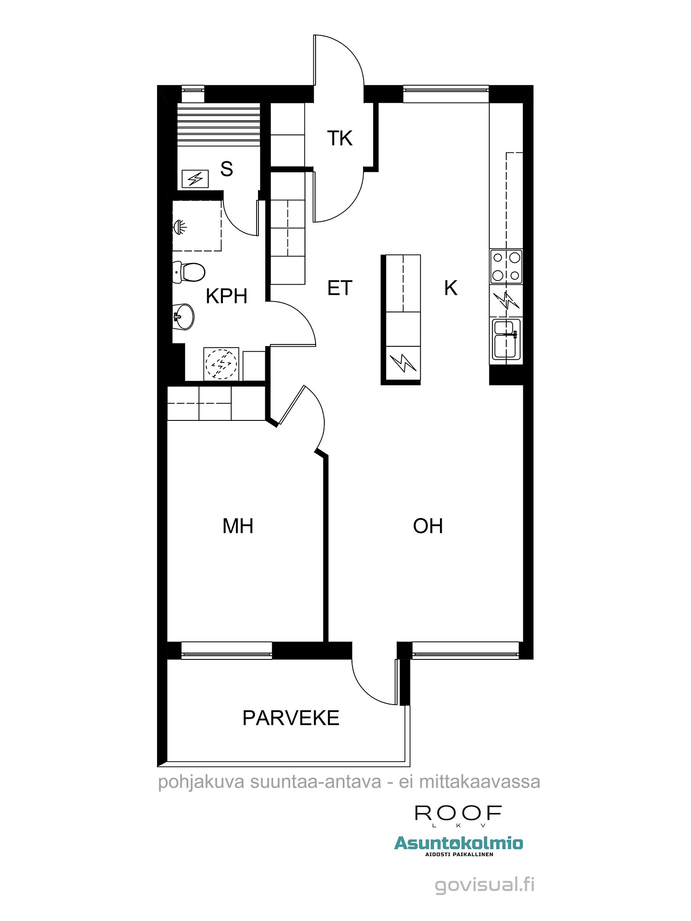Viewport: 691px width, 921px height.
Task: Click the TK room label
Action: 340,138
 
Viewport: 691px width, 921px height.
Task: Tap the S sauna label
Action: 226,169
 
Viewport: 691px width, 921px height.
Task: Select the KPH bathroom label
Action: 226,296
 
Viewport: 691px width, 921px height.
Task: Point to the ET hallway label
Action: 340,288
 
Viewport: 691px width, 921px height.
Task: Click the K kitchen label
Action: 451,288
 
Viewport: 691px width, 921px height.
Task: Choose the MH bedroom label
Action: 238,526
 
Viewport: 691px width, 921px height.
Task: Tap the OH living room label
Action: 427,526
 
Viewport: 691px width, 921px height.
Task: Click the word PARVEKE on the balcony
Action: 291,718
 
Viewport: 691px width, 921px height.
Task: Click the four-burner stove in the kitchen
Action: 506,267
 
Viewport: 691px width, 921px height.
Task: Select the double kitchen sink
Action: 506,339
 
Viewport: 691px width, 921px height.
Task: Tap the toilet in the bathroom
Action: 189,272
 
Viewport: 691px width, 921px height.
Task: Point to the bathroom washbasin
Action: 184,316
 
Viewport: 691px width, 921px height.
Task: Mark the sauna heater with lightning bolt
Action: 195,179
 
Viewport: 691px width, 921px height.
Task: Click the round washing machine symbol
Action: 221,364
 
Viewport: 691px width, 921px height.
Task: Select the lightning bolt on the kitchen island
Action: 403,363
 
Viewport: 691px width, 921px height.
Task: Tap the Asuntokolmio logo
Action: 459,843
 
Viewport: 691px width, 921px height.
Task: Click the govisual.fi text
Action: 485,885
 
